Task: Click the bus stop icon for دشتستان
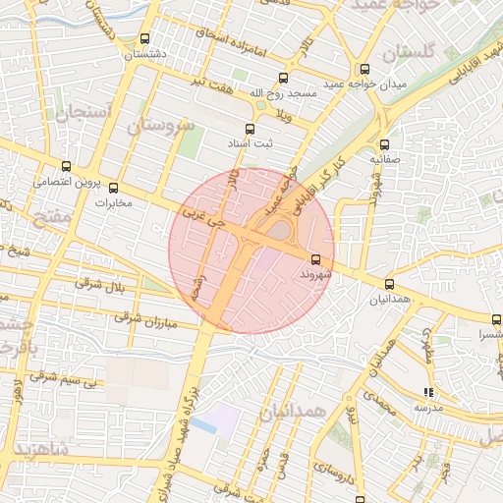[x=145, y=40]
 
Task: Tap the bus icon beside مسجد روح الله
[x=284, y=78]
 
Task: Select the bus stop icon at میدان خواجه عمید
[x=364, y=69]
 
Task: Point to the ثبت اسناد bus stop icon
[x=249, y=129]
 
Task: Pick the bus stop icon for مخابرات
[x=113, y=187]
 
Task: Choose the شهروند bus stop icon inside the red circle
[x=314, y=259]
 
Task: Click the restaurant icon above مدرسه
[x=428, y=391]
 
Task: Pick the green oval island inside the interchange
[x=281, y=230]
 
